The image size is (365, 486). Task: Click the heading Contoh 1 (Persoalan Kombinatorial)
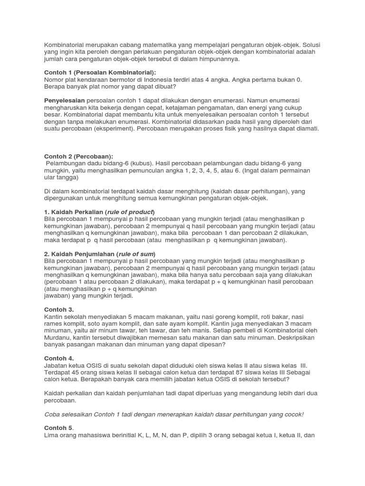[93, 72]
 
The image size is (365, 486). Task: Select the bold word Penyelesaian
[64, 101]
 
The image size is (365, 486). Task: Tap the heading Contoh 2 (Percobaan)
[78, 156]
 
